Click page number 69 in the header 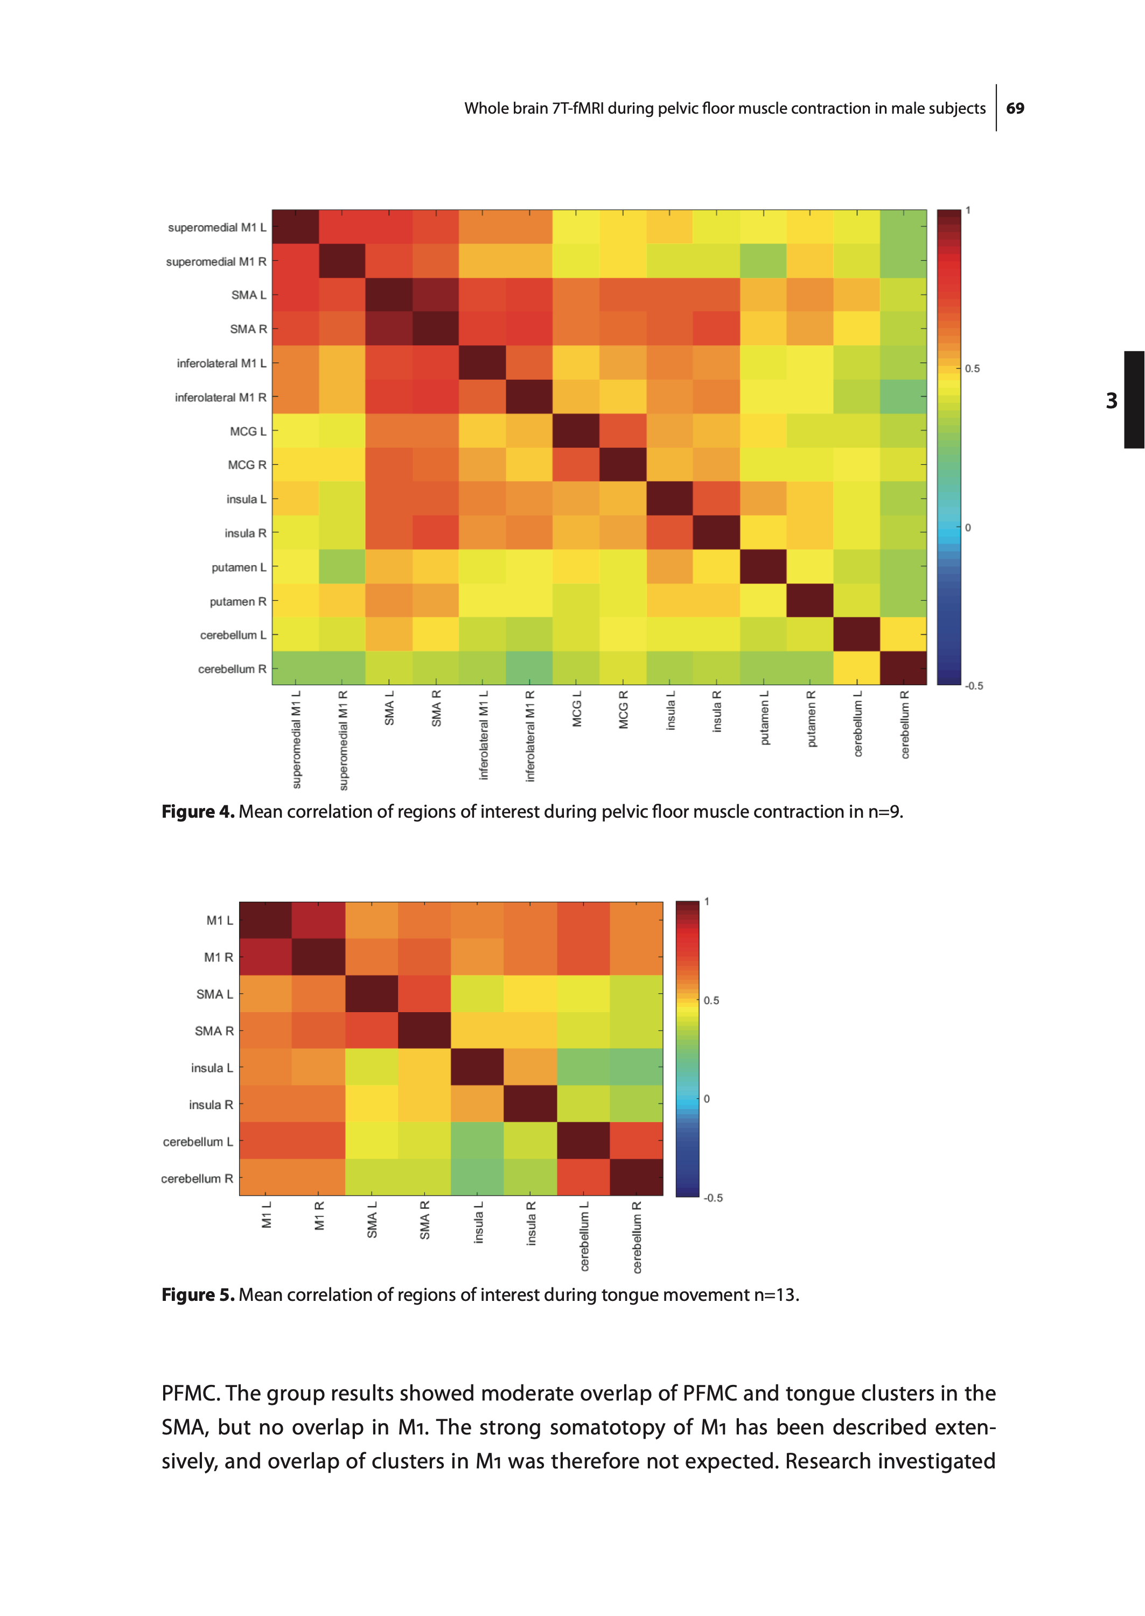coord(1015,109)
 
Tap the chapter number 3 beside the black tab coord(1111,400)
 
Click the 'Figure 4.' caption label coord(198,812)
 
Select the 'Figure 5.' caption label coord(198,1294)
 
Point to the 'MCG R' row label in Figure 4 coord(247,465)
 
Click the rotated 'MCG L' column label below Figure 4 coord(577,708)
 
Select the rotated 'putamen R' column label coord(811,719)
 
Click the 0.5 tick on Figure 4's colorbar coord(972,369)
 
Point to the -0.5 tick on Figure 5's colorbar coord(713,1198)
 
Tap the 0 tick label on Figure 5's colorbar coord(707,1098)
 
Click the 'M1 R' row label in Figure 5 coord(218,957)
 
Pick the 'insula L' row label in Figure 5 coord(212,1068)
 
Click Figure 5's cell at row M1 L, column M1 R coord(319,920)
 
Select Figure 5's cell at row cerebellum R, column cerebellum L coord(583,1178)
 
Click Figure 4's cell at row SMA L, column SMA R coord(436,295)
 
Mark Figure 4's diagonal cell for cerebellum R coord(903,668)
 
